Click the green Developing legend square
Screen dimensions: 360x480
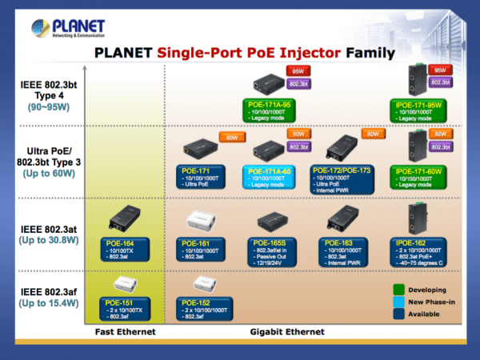tap(398, 290)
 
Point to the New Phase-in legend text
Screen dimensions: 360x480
tap(431, 302)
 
